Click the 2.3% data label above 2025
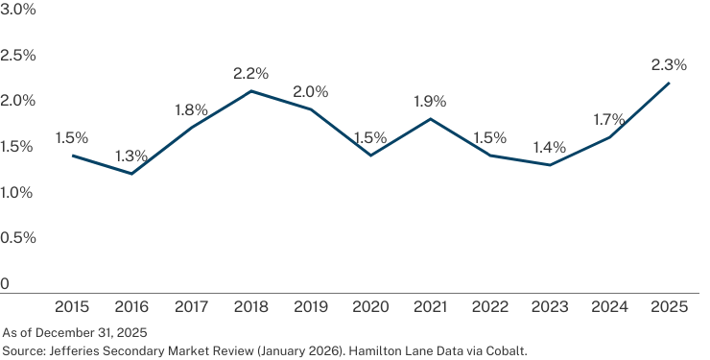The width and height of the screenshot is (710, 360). click(x=669, y=65)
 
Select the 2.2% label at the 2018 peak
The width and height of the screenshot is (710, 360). click(x=250, y=73)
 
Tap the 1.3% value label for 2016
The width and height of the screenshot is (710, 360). click(x=131, y=156)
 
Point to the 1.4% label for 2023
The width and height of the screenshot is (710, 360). click(x=549, y=147)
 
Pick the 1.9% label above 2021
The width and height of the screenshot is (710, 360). click(x=430, y=102)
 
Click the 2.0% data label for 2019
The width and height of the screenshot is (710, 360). click(x=311, y=92)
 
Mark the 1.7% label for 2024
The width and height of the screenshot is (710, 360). click(x=609, y=120)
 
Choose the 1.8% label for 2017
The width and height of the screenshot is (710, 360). click(x=191, y=110)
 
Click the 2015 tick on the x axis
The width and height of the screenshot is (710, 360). click(x=72, y=307)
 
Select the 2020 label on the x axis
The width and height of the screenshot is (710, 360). click(x=370, y=307)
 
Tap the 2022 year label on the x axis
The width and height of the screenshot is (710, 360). click(x=490, y=307)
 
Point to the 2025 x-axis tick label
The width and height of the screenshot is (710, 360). click(x=670, y=307)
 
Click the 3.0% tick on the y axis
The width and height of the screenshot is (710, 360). click(x=17, y=10)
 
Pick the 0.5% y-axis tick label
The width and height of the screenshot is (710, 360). click(x=17, y=238)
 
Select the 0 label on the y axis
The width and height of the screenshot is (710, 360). click(x=5, y=284)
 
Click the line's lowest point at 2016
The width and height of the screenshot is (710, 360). click(x=131, y=174)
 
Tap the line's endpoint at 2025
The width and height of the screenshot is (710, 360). click(x=669, y=83)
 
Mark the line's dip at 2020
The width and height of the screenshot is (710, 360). click(x=371, y=156)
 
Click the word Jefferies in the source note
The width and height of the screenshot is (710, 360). click(x=70, y=350)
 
